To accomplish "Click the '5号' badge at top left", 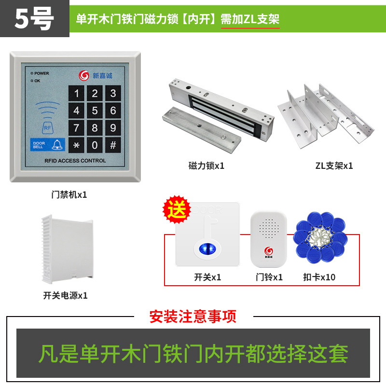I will (34, 19).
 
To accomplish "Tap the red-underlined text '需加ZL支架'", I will (250, 19).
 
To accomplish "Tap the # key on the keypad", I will (113, 145).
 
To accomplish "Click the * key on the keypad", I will (76, 145).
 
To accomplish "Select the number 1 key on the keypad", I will (76, 94).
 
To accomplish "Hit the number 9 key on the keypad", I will (113, 128).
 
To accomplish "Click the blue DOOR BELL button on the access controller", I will (48, 144).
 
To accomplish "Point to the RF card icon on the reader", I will (47, 128).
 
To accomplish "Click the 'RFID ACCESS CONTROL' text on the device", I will (75, 161).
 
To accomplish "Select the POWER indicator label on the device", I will (41, 73).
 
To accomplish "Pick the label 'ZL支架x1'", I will (334, 165).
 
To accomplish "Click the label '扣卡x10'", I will (319, 277).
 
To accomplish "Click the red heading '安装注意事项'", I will (193, 317).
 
